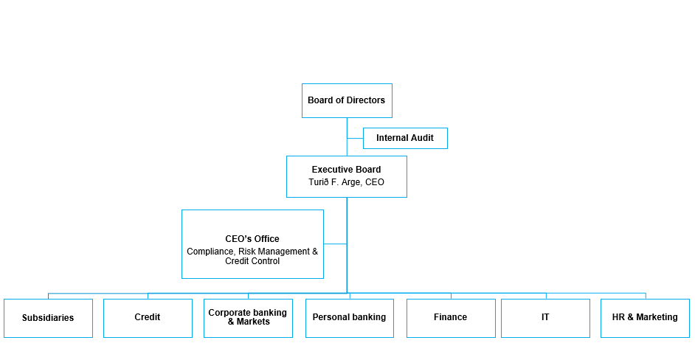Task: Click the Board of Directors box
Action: pos(347,100)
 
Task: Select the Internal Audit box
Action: pos(405,138)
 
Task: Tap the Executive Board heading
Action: pos(346,170)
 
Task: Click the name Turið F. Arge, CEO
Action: pos(346,182)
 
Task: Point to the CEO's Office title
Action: pos(252,239)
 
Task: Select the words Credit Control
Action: pos(252,261)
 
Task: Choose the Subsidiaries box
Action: pos(48,318)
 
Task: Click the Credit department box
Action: pos(148,317)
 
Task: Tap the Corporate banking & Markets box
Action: pos(248,317)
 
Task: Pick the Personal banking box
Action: pos(349,317)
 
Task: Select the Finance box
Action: pos(451,317)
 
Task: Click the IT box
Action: pos(545,317)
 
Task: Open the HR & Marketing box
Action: pos(645,317)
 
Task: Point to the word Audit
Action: pos(421,138)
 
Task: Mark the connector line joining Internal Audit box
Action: pos(355,138)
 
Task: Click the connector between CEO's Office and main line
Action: pos(335,243)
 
